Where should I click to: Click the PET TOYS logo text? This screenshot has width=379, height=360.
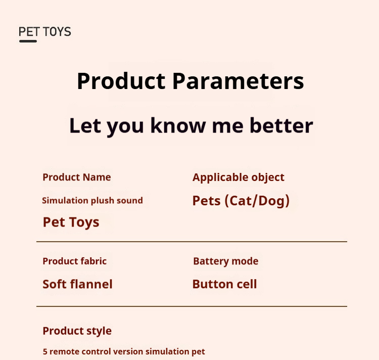44,32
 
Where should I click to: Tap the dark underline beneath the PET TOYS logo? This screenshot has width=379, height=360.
28,41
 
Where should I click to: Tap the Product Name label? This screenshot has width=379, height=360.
77,177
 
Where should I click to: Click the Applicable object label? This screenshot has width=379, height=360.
239,177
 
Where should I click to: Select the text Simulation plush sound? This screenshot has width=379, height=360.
92,201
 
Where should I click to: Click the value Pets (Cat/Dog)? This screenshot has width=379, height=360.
241,201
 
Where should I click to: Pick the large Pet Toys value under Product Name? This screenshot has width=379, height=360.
71,222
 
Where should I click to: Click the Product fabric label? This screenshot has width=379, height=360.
75,261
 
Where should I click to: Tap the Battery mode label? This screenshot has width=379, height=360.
226,261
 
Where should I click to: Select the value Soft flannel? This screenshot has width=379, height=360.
78,284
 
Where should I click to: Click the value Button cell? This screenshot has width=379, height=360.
225,284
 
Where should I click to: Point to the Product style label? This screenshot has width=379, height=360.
77,331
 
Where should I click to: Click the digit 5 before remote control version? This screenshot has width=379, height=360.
45,352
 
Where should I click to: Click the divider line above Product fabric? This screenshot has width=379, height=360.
192,242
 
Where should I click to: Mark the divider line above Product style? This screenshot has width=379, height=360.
192,306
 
